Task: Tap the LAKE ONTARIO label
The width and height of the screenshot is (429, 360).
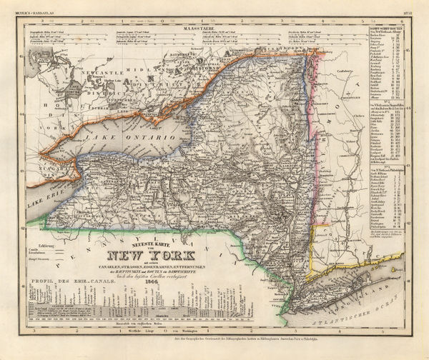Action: point(114,134)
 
